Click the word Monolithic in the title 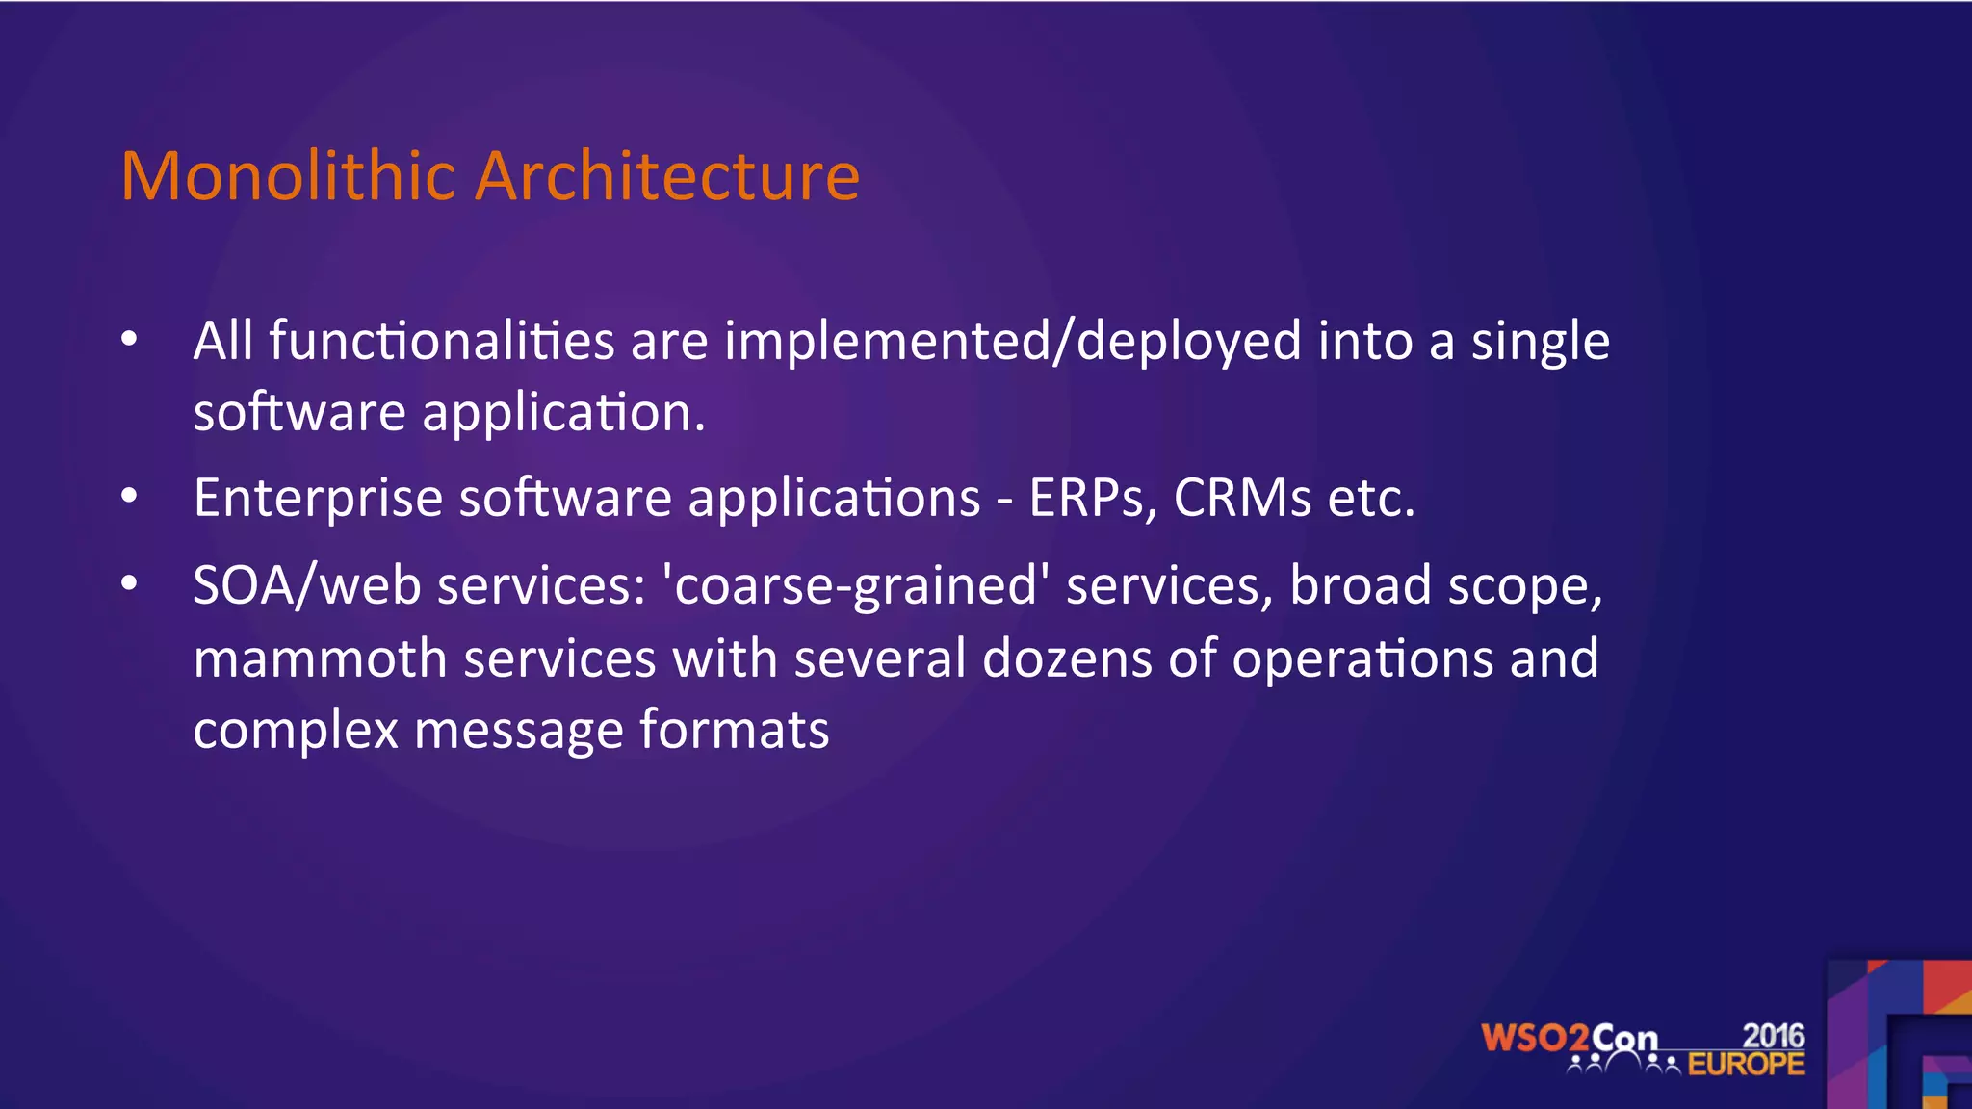pyautogui.click(x=288, y=177)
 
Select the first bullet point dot pyautogui.click(x=129, y=339)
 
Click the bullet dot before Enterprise pyautogui.click(x=129, y=496)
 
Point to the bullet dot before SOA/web pyautogui.click(x=129, y=583)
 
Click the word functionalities pyautogui.click(x=441, y=341)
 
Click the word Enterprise pyautogui.click(x=318, y=500)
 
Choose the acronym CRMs pyautogui.click(x=1242, y=499)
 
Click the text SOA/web pyautogui.click(x=306, y=586)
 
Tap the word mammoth pyautogui.click(x=320, y=660)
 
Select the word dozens pyautogui.click(x=1067, y=660)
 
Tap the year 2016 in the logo pyautogui.click(x=1774, y=1036)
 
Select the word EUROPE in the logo pyautogui.click(x=1746, y=1065)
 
